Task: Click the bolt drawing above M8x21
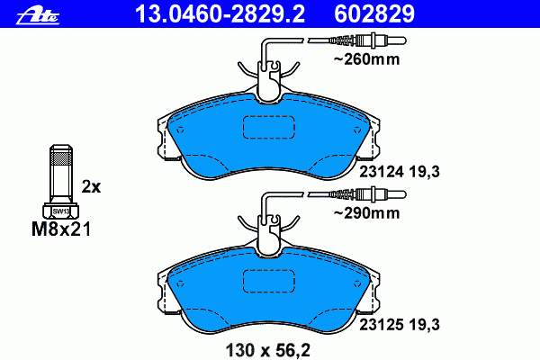(x=60, y=181)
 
